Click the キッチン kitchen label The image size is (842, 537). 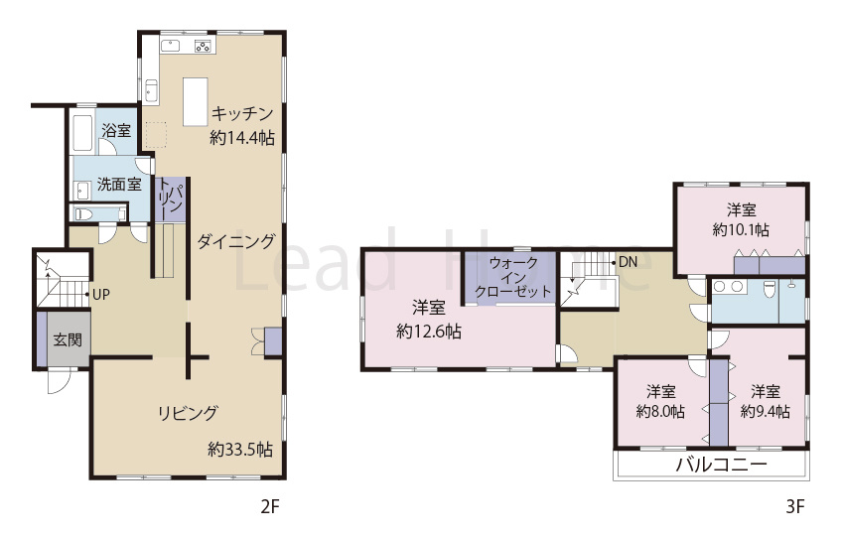[x=242, y=111]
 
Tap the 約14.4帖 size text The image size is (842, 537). [x=242, y=138]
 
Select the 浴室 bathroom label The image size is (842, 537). [x=116, y=131]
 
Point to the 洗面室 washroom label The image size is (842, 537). [x=118, y=184]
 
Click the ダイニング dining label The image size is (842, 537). [x=235, y=240]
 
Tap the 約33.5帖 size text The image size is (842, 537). [x=240, y=449]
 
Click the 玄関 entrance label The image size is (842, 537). [x=68, y=339]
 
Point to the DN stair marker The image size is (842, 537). [x=627, y=263]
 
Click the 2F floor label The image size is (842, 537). [x=270, y=507]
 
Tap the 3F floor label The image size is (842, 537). [x=794, y=507]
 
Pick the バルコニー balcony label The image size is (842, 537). [x=721, y=464]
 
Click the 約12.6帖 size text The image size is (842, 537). [x=428, y=332]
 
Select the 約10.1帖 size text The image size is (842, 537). [x=741, y=229]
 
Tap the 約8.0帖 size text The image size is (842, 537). [x=660, y=411]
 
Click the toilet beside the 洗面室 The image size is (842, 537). [x=85, y=213]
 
